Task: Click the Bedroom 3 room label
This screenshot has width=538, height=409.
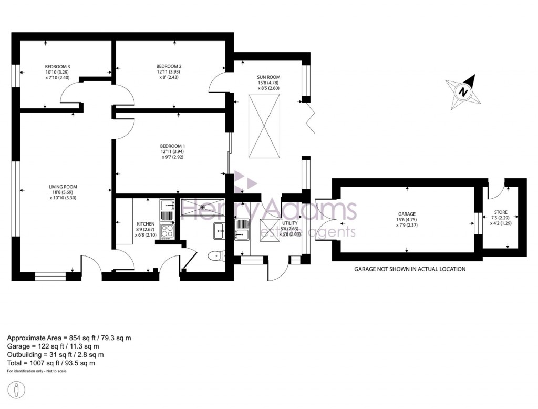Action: tap(57, 67)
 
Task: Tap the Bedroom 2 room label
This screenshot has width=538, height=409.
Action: tap(170, 66)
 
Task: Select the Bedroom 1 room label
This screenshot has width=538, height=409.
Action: tap(173, 146)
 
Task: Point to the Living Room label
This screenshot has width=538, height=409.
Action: tap(63, 187)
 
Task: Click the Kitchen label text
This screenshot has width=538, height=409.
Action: tap(145, 224)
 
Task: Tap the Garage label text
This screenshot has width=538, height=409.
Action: tap(406, 214)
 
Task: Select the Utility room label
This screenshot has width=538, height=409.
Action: tap(290, 223)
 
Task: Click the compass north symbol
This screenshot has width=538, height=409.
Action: tap(463, 91)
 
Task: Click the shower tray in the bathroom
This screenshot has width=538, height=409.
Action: tap(202, 208)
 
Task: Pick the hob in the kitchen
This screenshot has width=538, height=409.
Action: tap(167, 231)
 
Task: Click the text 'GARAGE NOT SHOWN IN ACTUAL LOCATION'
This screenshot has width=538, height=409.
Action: tap(409, 269)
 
